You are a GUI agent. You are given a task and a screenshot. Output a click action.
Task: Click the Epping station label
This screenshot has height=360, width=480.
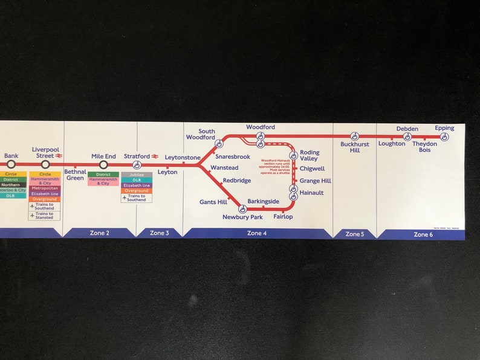444,128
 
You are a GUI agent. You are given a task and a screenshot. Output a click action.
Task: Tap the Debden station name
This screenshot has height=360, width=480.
407,129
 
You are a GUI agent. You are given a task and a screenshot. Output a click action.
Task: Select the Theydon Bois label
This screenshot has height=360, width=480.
424,147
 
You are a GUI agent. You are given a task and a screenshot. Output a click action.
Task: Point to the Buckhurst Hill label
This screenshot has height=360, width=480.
354,147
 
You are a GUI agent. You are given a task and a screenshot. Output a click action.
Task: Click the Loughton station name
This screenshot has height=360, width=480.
392,144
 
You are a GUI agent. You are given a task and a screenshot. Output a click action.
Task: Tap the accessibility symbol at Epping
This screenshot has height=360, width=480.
444,137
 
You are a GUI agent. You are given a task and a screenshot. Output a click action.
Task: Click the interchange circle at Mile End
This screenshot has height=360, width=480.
103,164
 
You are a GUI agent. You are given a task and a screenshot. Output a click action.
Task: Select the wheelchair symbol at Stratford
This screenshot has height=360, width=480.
137,164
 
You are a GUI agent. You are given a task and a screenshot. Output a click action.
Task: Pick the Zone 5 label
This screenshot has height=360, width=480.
354,234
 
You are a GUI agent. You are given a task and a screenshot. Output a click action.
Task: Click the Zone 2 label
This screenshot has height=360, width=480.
99,233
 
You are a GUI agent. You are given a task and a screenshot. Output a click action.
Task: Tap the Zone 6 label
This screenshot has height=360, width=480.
423,234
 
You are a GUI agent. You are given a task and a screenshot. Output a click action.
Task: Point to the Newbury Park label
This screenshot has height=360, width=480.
242,217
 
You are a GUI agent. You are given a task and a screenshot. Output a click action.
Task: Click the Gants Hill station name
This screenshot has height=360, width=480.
213,202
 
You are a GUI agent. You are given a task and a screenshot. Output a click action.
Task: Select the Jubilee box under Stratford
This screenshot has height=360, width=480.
137,175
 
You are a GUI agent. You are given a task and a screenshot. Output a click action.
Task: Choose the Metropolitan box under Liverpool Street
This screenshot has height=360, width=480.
45,188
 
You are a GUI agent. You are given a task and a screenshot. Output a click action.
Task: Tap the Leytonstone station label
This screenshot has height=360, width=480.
183,158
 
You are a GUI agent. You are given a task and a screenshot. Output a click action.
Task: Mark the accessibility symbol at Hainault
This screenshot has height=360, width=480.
293,196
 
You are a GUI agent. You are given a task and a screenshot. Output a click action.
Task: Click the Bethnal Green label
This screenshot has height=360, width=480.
76,175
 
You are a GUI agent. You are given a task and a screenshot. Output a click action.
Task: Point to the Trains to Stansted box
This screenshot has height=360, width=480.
45,216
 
